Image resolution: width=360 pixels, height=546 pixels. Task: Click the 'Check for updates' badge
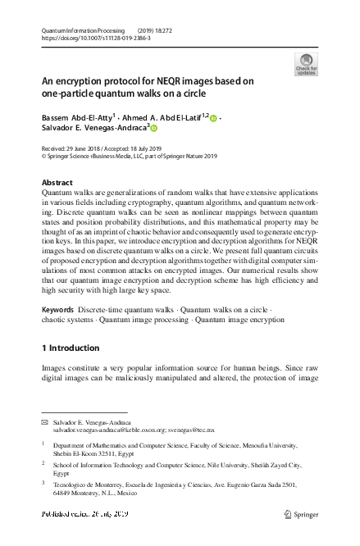(x=305, y=65)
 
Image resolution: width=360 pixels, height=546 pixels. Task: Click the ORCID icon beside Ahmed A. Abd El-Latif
(x=213, y=119)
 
